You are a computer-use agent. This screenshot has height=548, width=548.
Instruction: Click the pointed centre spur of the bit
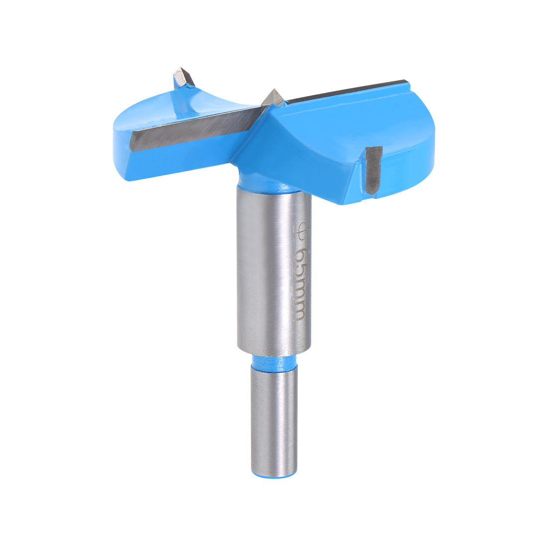pos(274,98)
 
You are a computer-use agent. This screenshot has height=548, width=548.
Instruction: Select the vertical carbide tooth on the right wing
pos(373,169)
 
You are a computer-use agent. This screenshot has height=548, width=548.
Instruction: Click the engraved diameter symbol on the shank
pos(300,230)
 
